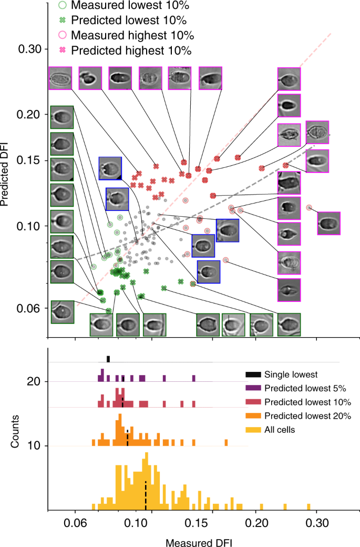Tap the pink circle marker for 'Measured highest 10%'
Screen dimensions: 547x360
pos(61,36)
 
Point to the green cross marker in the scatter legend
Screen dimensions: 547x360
pos(61,21)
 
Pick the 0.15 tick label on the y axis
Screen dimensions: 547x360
pos(29,160)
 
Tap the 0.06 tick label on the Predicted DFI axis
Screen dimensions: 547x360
pos(29,308)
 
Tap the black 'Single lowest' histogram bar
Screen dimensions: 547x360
pos(108,359)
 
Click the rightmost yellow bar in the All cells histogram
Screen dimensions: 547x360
pos(308,507)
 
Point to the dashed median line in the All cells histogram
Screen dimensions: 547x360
pos(146,494)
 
